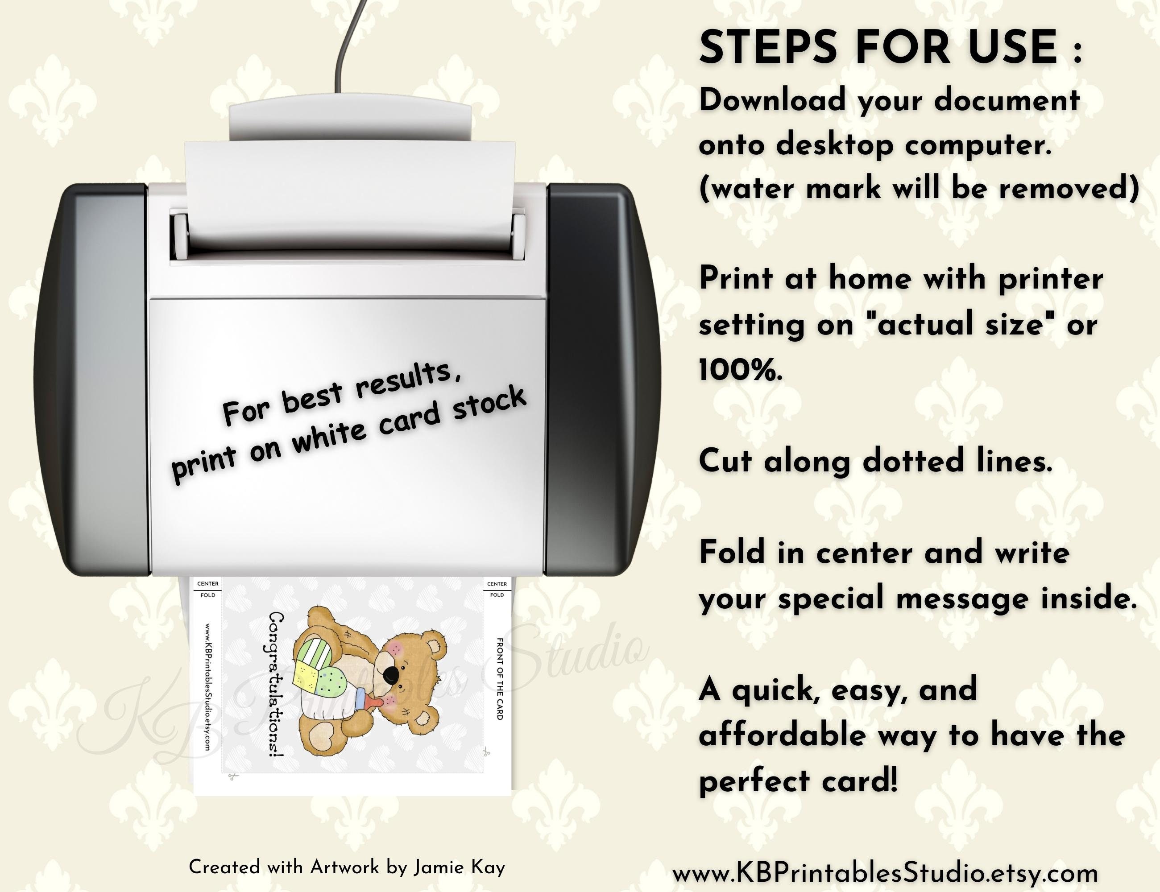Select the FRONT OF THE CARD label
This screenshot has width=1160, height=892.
(x=499, y=678)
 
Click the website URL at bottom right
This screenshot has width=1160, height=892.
(x=885, y=873)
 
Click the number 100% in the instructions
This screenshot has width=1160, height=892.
(x=741, y=370)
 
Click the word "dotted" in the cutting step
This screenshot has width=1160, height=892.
(x=912, y=460)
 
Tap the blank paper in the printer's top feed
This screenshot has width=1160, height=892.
(x=351, y=191)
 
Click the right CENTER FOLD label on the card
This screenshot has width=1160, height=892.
(x=497, y=589)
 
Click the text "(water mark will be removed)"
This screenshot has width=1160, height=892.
(x=919, y=189)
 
